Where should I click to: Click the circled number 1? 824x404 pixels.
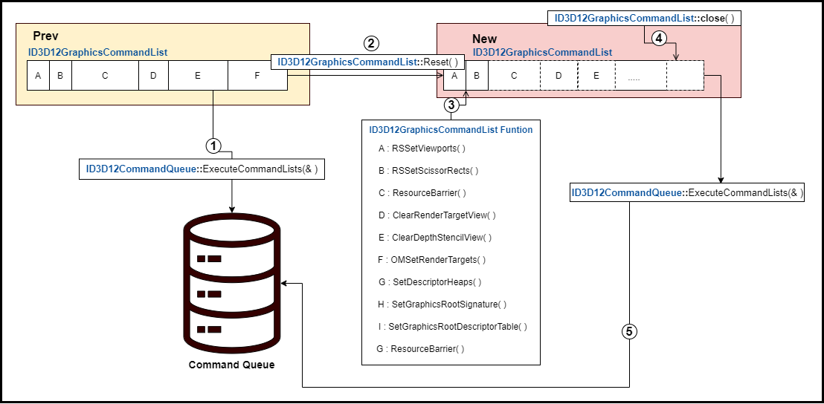[x=213, y=144]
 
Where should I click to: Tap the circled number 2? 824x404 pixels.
[x=371, y=42]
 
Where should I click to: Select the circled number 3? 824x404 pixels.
[x=451, y=105]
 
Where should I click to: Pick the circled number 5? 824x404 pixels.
[x=629, y=331]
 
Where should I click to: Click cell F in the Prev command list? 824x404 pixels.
[x=257, y=75]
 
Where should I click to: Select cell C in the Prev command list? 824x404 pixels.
[x=105, y=75]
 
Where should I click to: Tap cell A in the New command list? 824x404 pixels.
[x=454, y=75]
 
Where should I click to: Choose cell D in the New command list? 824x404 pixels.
[x=559, y=75]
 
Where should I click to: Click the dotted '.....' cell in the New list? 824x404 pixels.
[x=640, y=75]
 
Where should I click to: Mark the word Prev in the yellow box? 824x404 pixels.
[x=46, y=36]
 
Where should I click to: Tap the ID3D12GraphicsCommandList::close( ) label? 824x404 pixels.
[x=644, y=18]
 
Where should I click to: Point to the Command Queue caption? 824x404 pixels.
[x=231, y=365]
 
